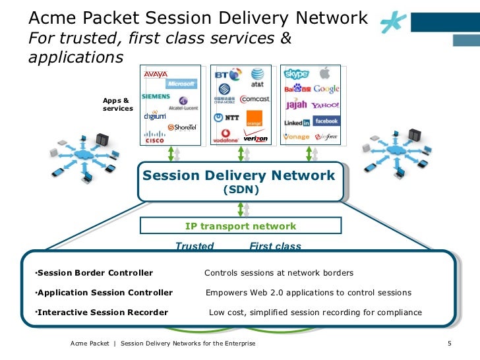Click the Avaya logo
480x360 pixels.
tap(156, 75)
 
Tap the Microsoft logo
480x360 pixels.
tap(180, 84)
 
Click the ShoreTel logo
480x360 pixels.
tap(182, 127)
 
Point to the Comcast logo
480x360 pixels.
tap(255, 99)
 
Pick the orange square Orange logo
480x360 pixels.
tap(254, 119)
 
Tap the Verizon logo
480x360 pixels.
tap(256, 138)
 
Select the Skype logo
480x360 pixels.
tap(296, 74)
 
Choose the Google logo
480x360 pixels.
tap(326, 89)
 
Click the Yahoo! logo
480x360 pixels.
tap(325, 105)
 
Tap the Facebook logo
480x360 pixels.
tap(326, 121)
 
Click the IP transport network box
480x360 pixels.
tap(240, 226)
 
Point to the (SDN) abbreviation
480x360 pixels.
tap(240, 190)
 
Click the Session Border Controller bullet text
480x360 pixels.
tap(94, 273)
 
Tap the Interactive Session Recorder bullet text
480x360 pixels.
tap(102, 313)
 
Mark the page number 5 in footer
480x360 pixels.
tap(448, 344)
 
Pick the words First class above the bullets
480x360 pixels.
tap(275, 247)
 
